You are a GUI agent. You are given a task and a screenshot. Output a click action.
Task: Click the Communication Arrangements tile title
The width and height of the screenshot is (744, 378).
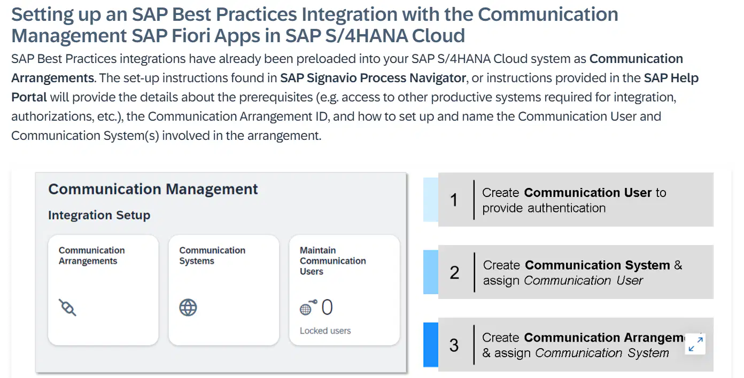click(x=92, y=256)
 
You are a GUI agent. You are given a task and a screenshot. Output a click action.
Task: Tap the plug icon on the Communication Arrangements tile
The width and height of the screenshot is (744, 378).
click(x=67, y=308)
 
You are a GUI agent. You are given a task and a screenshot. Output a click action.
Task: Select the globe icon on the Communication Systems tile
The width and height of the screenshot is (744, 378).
click(x=188, y=308)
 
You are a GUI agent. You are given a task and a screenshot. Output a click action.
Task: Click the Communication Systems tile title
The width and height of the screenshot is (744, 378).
click(x=212, y=256)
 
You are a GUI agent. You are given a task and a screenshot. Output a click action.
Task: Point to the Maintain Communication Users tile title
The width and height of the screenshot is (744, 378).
click(x=333, y=261)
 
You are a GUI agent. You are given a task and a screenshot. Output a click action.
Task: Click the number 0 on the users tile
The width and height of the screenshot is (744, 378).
click(x=327, y=307)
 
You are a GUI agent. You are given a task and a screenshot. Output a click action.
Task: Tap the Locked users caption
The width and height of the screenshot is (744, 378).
click(x=325, y=330)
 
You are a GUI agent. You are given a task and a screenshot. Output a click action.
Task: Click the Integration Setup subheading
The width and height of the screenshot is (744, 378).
click(x=99, y=215)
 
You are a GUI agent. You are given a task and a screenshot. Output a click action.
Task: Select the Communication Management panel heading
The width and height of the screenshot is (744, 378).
click(x=153, y=189)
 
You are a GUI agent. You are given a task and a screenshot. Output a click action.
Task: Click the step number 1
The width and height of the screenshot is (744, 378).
click(x=454, y=200)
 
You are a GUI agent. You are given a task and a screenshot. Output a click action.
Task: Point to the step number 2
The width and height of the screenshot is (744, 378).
click(x=454, y=272)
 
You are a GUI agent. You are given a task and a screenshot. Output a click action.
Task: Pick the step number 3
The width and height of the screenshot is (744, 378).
click(x=454, y=345)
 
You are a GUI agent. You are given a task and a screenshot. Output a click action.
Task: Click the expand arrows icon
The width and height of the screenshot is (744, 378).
click(x=695, y=344)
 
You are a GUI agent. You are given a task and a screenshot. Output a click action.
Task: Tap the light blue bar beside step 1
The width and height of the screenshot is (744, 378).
click(x=431, y=200)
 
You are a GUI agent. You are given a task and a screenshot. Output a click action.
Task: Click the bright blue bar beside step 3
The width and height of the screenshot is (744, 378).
click(x=431, y=345)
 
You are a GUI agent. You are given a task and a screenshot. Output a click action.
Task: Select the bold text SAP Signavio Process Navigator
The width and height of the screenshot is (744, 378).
click(x=373, y=78)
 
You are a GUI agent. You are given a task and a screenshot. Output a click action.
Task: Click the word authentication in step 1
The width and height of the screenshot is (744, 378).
click(x=567, y=208)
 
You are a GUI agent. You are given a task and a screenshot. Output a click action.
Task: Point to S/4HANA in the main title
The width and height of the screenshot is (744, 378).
click(x=366, y=36)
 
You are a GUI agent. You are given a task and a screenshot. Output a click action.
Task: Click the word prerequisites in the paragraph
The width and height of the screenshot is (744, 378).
click(x=276, y=97)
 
